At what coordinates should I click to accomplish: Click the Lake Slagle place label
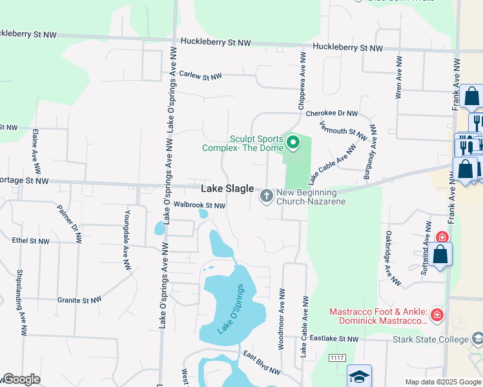pos(227,189)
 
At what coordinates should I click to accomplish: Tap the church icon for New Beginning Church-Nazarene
pos(266,197)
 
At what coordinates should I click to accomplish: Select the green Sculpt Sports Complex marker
pos(293,142)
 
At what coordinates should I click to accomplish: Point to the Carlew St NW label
pos(200,76)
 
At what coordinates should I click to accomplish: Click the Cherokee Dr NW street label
pos(331,114)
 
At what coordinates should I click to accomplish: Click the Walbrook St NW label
pos(200,206)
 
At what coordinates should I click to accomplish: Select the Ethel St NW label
pos(30,241)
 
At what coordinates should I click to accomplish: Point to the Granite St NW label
pos(79,300)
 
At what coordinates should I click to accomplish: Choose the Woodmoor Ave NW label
pos(282,319)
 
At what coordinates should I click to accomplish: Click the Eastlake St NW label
pos(333,339)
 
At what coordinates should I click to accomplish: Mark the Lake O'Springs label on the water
pos(231,308)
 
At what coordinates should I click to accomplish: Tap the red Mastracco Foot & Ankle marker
pos(437,315)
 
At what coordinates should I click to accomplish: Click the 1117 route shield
pos(336,357)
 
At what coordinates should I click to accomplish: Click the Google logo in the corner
pos(21,379)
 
